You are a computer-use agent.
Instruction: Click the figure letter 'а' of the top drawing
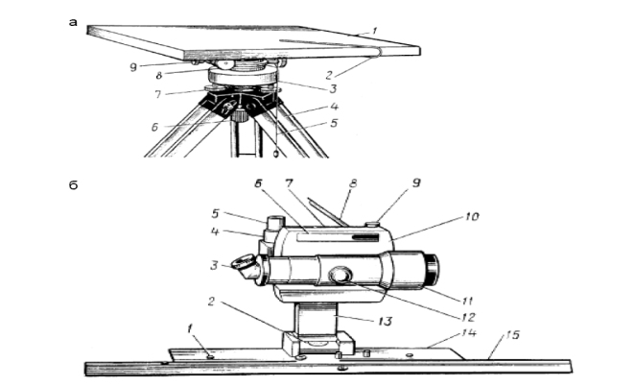coord(73,20)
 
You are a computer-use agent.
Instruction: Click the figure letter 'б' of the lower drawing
coord(73,183)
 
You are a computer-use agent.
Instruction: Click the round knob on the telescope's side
coord(340,276)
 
